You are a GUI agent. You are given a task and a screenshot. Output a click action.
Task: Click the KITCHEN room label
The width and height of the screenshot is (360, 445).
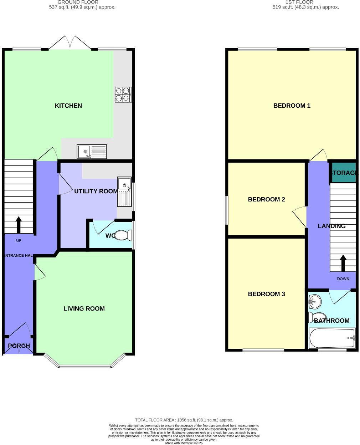pyautogui.click(x=68, y=106)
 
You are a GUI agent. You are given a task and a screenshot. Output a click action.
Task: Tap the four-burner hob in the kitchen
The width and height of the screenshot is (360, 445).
pyautogui.click(x=123, y=94)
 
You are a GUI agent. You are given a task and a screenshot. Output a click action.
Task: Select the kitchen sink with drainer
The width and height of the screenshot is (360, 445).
pyautogui.click(x=92, y=152)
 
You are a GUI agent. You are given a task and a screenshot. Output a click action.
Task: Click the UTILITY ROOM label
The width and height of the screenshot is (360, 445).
pyautogui.click(x=96, y=191)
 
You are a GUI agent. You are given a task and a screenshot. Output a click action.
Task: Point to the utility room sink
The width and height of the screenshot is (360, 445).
pyautogui.click(x=124, y=192)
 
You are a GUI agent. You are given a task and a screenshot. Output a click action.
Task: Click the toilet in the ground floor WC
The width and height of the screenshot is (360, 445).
pyautogui.click(x=123, y=235)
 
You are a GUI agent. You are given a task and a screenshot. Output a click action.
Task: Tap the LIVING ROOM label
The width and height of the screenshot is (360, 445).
pyautogui.click(x=84, y=309)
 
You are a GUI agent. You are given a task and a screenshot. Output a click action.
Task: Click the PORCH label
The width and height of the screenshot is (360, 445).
pyautogui.click(x=19, y=346)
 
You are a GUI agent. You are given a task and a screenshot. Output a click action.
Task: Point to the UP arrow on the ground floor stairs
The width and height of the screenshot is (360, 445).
pyautogui.click(x=19, y=225)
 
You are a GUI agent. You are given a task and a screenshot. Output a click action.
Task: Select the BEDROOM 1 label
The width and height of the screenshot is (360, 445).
pyautogui.click(x=292, y=106)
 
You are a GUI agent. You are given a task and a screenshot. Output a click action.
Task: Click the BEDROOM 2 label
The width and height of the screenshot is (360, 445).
pyautogui.click(x=266, y=200)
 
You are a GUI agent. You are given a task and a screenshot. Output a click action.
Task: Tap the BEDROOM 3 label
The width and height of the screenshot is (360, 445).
pyautogui.click(x=266, y=294)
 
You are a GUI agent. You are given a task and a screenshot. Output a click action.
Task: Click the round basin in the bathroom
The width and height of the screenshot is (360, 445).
pyautogui.click(x=315, y=302)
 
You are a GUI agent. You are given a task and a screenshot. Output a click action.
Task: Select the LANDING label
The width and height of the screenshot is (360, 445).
pyautogui.click(x=331, y=226)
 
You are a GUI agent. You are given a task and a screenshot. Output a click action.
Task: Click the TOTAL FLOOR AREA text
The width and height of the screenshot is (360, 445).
pyautogui.click(x=184, y=420)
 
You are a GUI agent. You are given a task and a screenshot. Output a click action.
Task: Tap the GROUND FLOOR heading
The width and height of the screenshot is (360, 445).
pyautogui.click(x=78, y=2)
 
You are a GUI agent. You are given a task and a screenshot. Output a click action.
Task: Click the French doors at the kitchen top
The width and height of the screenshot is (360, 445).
pyautogui.click(x=70, y=43)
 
